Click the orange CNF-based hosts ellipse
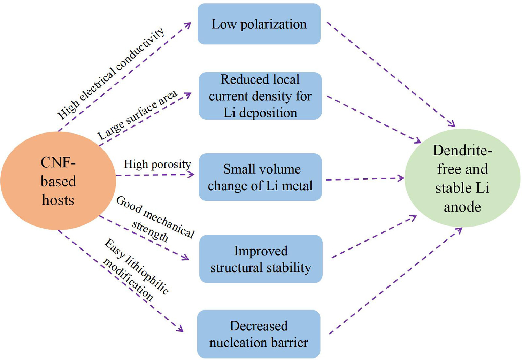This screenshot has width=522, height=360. point(58,181)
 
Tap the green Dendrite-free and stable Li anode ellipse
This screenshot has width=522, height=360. point(462,178)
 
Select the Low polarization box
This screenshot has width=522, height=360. point(259,24)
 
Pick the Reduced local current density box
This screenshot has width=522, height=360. point(260,96)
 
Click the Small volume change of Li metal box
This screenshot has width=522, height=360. point(260,177)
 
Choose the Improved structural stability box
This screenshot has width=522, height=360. point(261,259)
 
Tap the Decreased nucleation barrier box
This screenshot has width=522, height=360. point(259,334)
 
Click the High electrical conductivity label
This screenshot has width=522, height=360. point(111,74)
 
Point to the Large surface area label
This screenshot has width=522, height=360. point(137,115)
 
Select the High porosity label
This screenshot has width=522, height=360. point(157,164)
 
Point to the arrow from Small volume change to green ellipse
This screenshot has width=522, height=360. point(365,179)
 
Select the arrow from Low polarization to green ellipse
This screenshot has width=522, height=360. point(391,74)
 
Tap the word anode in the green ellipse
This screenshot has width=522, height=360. point(462,207)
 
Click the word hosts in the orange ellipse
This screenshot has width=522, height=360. point(58,200)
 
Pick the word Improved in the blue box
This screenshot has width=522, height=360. point(261,251)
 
